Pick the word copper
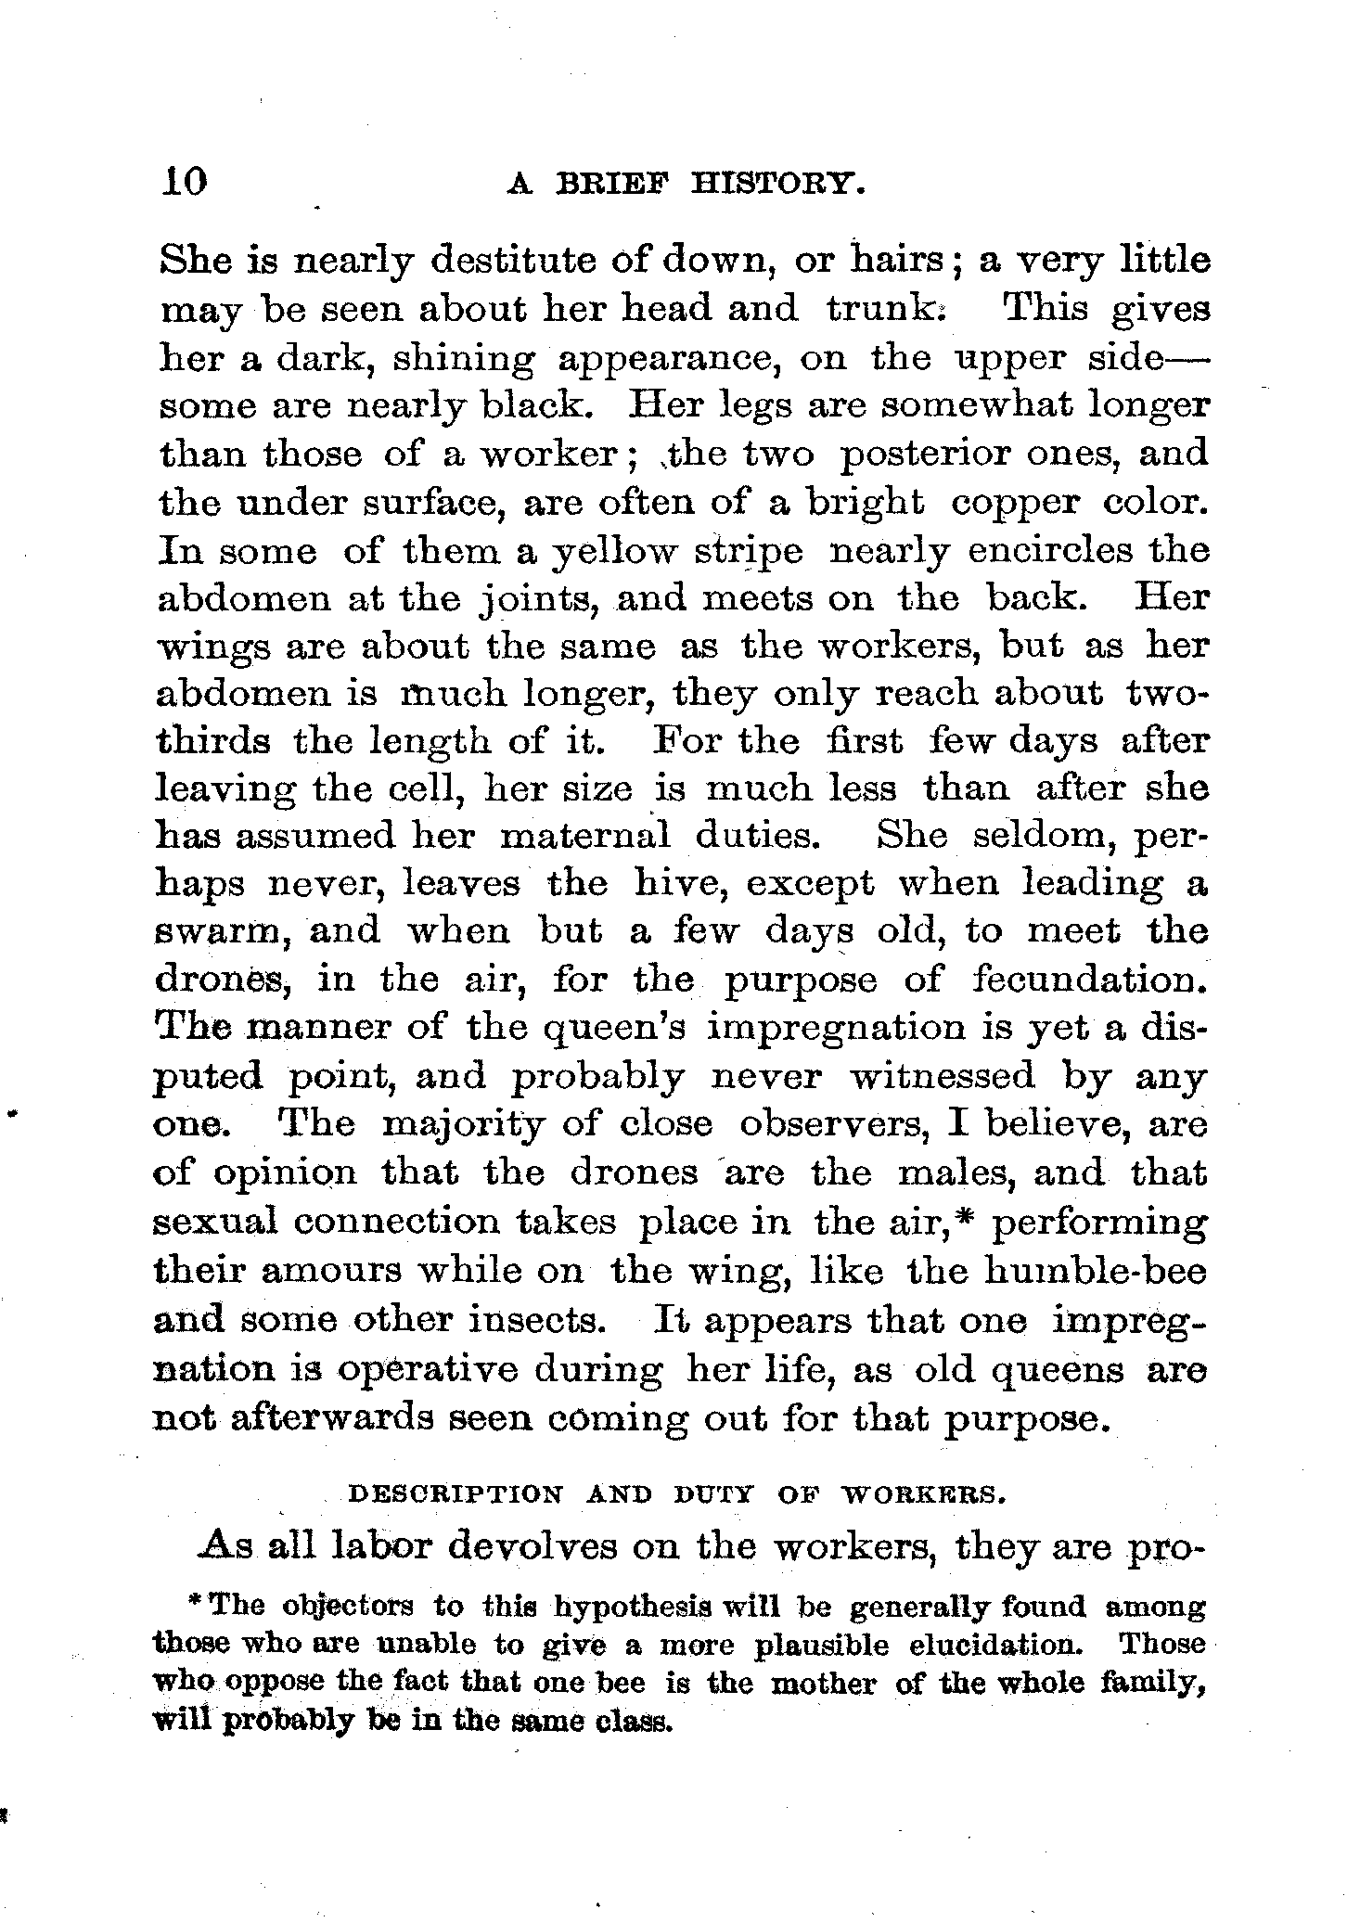point(1016,502)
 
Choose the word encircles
point(1051,550)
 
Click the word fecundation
point(1090,980)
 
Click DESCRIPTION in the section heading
point(455,1495)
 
